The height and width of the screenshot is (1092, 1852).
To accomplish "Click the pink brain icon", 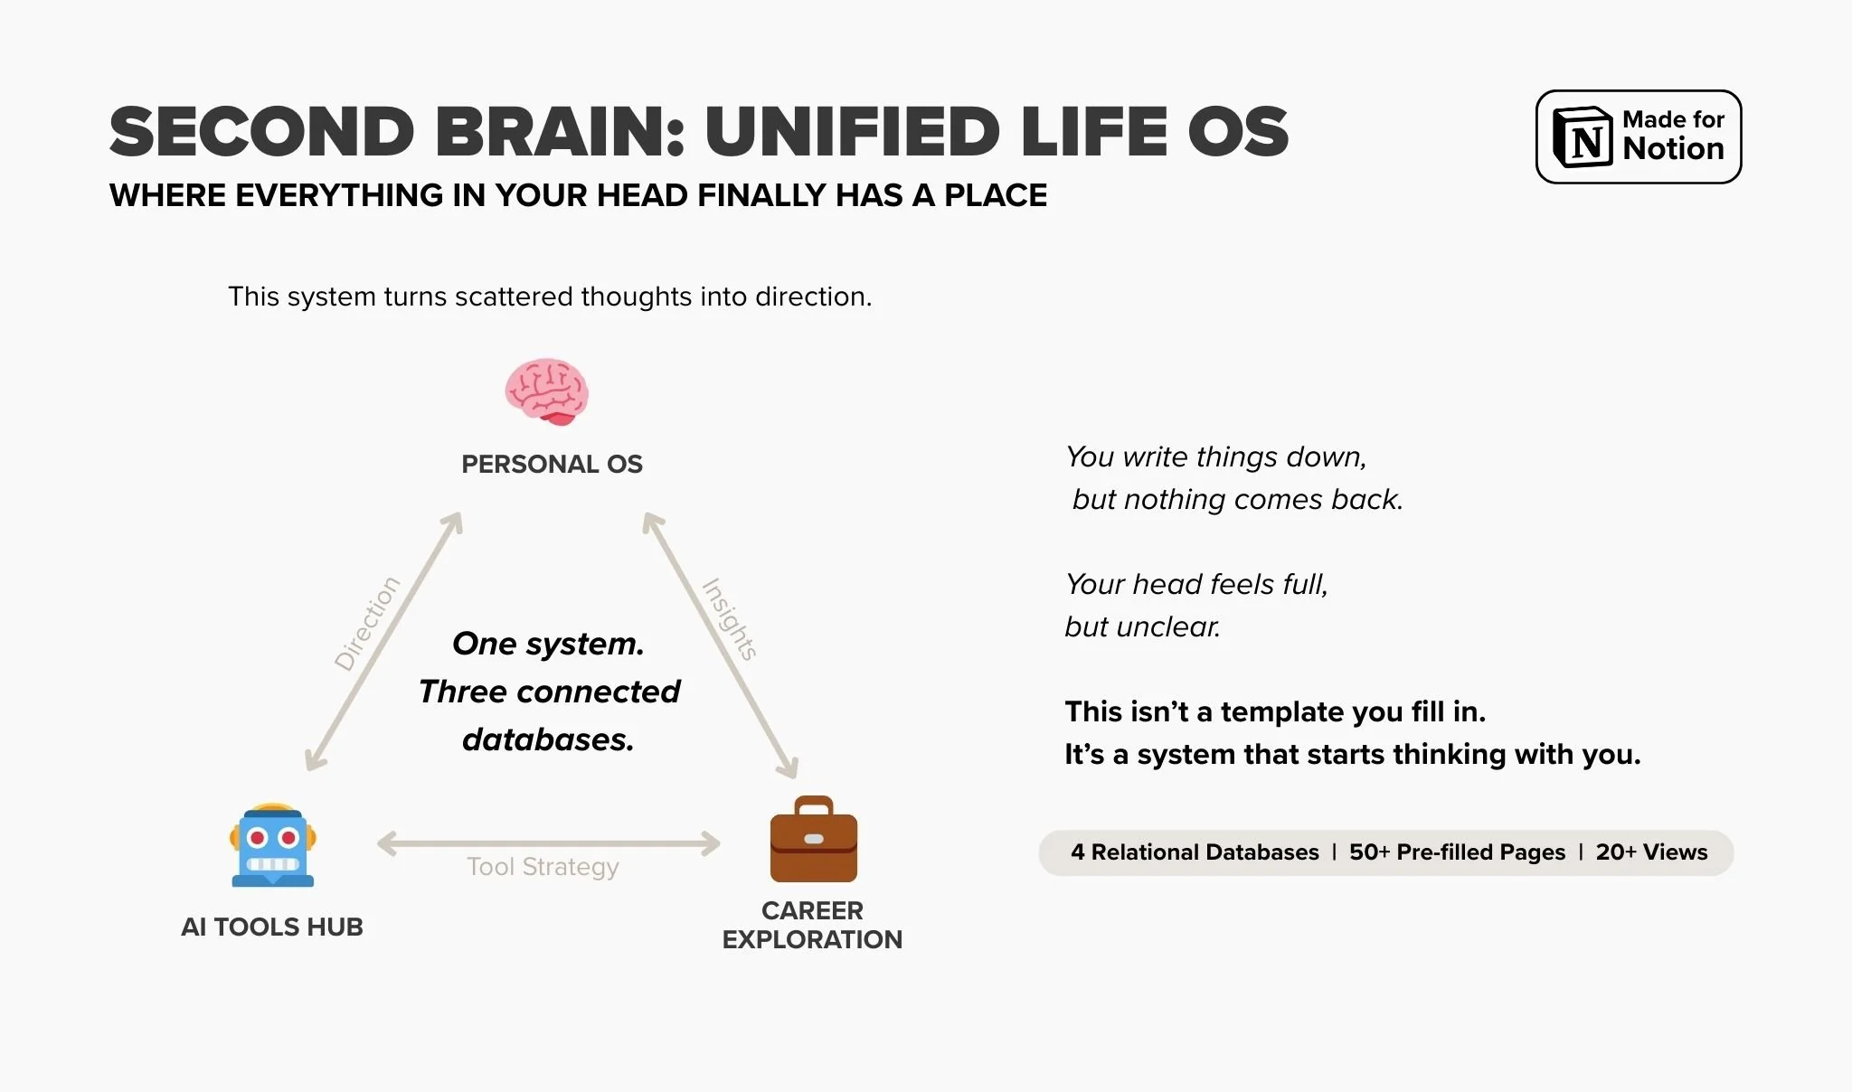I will click(x=546, y=391).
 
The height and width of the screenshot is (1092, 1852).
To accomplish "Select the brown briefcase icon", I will click(x=813, y=841).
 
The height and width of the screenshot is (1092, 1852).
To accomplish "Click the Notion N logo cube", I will click(x=1582, y=137).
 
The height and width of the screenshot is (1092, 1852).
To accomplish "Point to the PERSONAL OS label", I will click(x=552, y=464).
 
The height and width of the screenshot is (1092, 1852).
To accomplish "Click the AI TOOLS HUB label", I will click(x=271, y=927).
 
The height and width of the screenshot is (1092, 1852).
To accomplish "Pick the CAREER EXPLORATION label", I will click(x=812, y=925).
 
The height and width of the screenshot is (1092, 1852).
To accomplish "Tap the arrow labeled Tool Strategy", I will click(x=548, y=843).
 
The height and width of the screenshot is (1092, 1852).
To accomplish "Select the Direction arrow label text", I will click(x=366, y=624).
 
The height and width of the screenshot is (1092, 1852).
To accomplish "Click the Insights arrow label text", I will click(x=730, y=619).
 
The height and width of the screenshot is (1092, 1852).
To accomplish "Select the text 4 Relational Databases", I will click(x=1195, y=852).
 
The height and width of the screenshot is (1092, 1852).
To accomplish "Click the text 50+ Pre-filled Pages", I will click(x=1457, y=852).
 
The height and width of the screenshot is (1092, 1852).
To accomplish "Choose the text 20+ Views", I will click(x=1651, y=852).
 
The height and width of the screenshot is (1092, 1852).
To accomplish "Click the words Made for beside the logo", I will click(x=1673, y=119).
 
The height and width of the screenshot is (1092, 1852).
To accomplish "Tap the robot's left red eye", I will click(x=257, y=838).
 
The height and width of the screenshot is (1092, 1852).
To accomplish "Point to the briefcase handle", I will click(x=813, y=805).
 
